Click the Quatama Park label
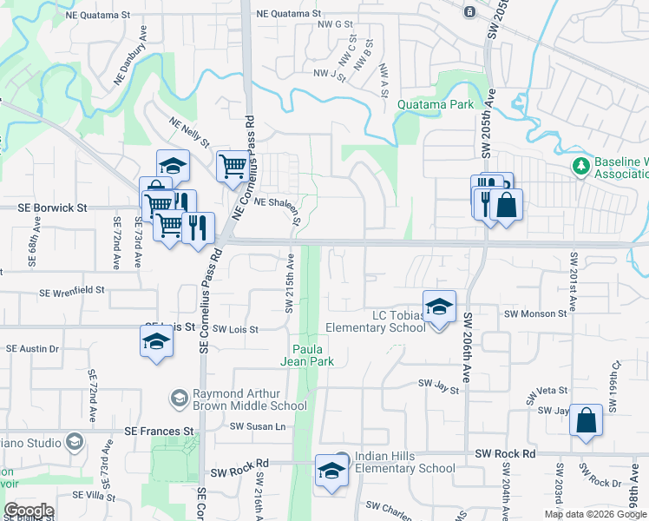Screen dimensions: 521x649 pos(436,105)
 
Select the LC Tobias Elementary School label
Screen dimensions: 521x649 pos(375,320)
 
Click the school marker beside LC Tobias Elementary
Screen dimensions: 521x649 pos(440,308)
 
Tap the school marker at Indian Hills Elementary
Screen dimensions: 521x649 pos(331,472)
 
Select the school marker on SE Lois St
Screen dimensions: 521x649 pos(156,341)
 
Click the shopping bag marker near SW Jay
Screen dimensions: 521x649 pos(587,421)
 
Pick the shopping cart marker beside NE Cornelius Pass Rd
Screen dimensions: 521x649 pos(232,166)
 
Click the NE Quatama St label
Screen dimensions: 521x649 pos(289,15)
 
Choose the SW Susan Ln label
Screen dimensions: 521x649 pos(257,426)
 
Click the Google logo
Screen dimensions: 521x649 pos(29,511)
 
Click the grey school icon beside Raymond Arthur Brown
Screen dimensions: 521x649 pos(180,399)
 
